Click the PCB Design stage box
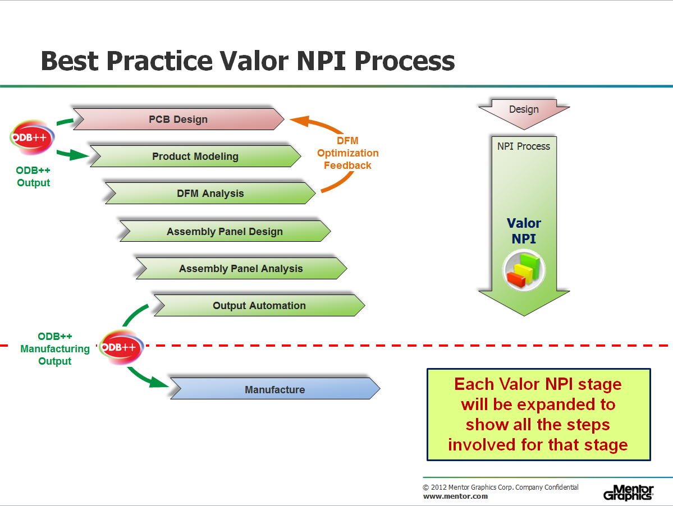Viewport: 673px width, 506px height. click(178, 119)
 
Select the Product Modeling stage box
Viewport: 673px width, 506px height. click(195, 157)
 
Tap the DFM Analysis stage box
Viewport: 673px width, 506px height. click(210, 194)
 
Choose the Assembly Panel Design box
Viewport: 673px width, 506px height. click(225, 232)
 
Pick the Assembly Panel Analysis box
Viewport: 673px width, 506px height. click(241, 269)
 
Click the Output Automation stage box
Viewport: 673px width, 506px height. click(259, 306)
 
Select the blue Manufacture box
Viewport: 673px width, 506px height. click(275, 390)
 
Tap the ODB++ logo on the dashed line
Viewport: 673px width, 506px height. click(121, 347)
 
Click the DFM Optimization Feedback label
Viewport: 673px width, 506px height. click(347, 153)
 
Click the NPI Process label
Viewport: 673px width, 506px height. click(524, 146)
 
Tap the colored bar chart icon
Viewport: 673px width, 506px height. click(524, 270)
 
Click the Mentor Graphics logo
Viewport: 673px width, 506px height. click(628, 492)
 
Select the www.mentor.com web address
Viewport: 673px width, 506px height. click(455, 496)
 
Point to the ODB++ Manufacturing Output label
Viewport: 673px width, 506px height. click(55, 349)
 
